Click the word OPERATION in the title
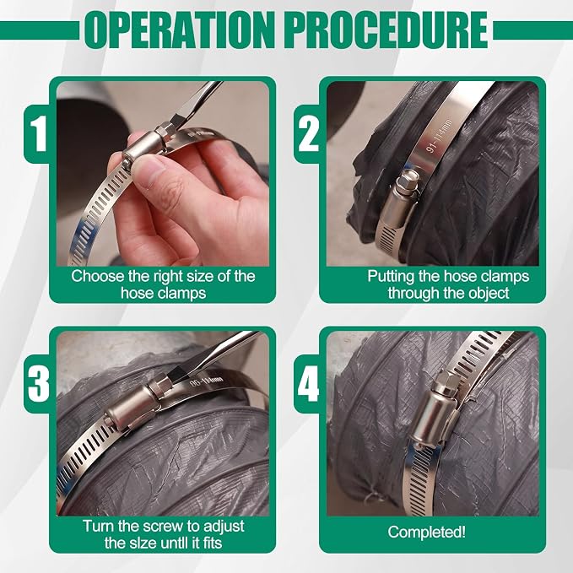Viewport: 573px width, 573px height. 179,30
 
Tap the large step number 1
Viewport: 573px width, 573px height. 38,133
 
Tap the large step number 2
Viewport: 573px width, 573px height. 308,133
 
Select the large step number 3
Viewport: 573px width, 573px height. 39,384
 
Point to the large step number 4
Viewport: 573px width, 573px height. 308,384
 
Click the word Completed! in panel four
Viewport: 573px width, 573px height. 427,532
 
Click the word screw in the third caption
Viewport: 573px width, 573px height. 162,527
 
